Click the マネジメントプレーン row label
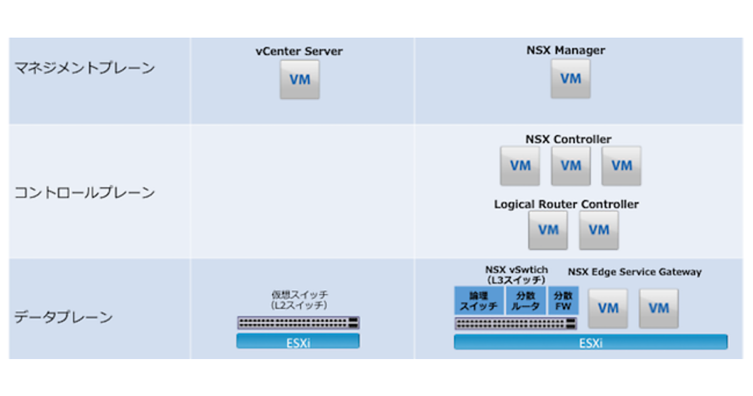click(85, 69)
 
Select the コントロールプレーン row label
click(85, 193)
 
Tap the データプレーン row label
click(64, 317)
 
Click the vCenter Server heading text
click(299, 52)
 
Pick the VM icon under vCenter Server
click(299, 80)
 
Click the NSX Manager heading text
click(566, 50)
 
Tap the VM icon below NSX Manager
click(570, 79)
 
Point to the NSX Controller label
click(568, 140)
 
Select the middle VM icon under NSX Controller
click(570, 166)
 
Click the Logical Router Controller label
click(567, 204)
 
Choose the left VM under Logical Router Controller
click(548, 230)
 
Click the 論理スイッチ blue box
click(479, 301)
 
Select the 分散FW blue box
click(563, 301)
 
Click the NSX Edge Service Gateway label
click(634, 272)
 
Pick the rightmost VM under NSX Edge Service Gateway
click(658, 308)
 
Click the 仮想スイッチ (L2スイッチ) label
click(300, 299)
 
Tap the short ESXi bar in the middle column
click(298, 341)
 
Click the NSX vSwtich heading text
click(516, 270)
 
